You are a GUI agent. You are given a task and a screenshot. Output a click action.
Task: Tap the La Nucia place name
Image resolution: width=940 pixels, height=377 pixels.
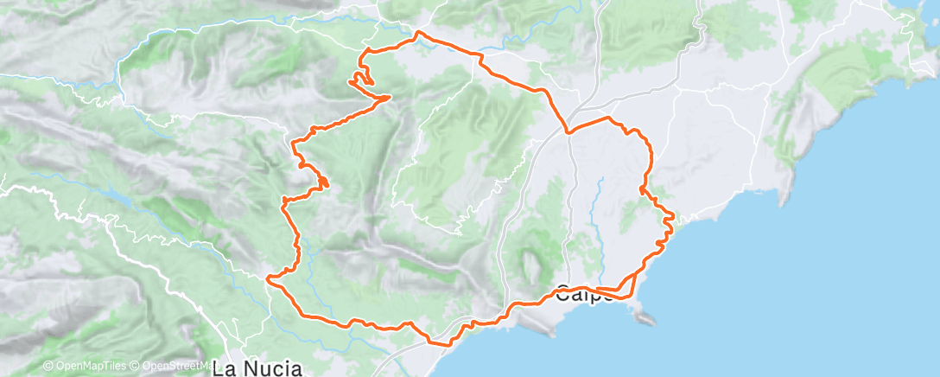(x=257, y=368)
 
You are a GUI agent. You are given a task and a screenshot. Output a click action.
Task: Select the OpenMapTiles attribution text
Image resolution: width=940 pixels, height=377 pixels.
(x=90, y=367)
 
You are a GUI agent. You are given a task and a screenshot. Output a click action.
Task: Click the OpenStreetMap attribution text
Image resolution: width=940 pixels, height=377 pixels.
(x=177, y=367)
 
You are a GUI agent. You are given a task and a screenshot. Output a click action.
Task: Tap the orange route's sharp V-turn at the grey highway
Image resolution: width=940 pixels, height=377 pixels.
(x=568, y=131)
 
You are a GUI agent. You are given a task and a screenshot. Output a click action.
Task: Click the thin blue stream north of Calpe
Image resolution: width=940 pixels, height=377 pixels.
(x=596, y=216)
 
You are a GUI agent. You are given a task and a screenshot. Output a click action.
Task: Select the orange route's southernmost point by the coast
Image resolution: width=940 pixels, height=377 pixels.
(x=448, y=345)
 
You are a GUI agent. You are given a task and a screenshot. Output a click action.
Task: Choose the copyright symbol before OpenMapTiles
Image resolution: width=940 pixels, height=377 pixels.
(x=48, y=367)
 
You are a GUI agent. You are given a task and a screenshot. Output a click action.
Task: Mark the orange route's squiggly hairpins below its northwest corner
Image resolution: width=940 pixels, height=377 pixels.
(x=361, y=80)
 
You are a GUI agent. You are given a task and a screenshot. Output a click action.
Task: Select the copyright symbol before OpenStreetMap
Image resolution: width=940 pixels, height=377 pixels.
(x=136, y=367)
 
